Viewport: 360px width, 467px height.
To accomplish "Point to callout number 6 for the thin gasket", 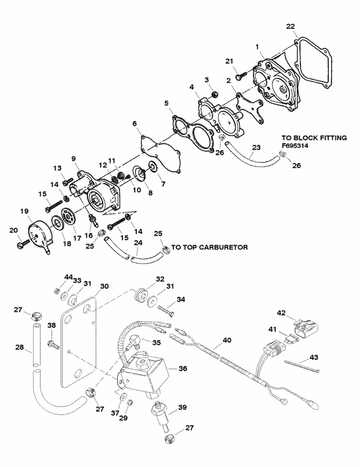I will (x=135, y=123).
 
